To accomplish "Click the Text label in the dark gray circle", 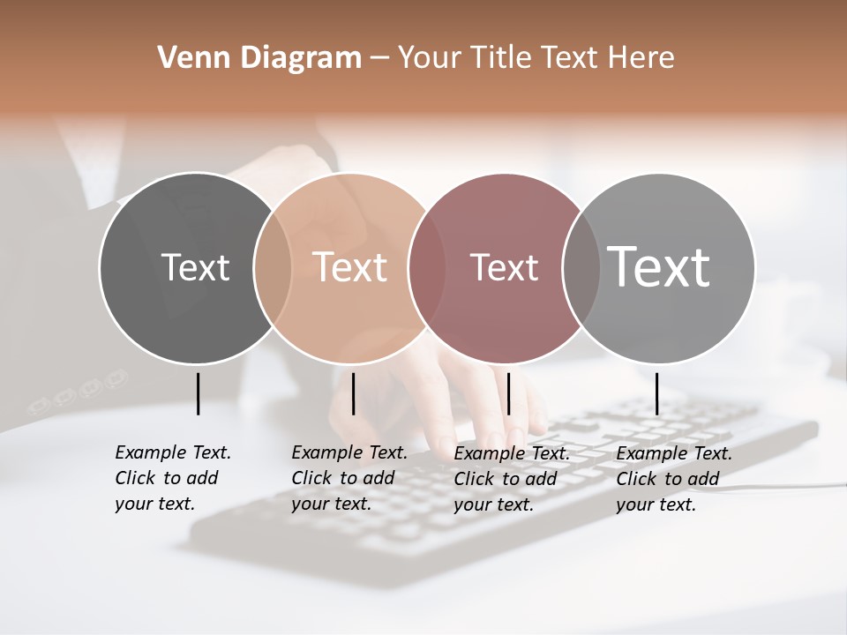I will pos(195,267).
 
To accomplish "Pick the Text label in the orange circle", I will pos(349,267).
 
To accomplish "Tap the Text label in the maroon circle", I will pos(504,267).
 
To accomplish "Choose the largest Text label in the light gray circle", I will pos(658,267).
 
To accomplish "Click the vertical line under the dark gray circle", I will pos(198,393).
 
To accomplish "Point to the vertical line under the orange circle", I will pos(353,393).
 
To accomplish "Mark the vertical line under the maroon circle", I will pos(508,393).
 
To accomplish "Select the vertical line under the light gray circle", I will pos(656,393).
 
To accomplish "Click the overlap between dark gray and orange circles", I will pos(273,267).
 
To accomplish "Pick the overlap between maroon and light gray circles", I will pos(580,267).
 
